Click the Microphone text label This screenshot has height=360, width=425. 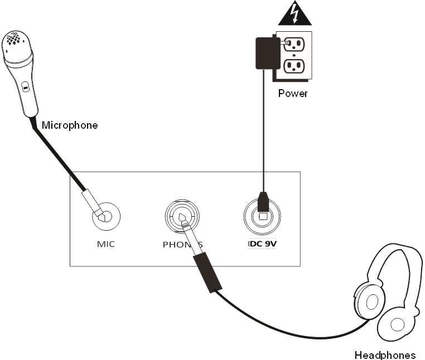pos(70,125)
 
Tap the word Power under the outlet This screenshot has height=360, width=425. pos(293,93)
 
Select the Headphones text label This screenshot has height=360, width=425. pos(385,355)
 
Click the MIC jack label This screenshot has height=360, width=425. pos(106,244)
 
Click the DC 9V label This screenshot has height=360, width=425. pos(262,244)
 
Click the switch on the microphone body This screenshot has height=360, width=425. pos(25,87)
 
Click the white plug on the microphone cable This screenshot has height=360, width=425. pos(91,202)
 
